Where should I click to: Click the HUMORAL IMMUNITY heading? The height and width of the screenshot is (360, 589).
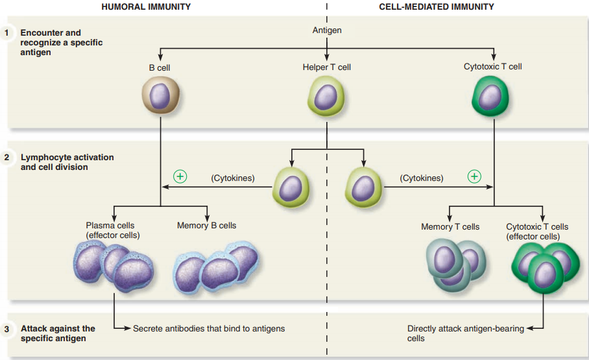click(x=146, y=6)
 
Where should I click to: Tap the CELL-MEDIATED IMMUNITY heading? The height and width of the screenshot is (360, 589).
click(x=437, y=6)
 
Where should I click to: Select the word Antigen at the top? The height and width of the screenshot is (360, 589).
click(x=327, y=30)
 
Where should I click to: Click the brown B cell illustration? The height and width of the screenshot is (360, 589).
click(x=161, y=95)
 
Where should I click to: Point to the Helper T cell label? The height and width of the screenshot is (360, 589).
click(x=327, y=67)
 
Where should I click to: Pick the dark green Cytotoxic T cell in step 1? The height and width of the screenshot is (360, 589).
click(x=490, y=96)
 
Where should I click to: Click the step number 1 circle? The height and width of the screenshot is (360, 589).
click(x=6, y=32)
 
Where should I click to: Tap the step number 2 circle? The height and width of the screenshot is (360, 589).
click(x=6, y=157)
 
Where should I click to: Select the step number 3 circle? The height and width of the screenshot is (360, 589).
click(x=6, y=329)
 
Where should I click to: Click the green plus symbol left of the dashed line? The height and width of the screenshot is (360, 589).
click(x=180, y=176)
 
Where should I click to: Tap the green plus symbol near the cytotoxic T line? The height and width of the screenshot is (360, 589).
click(x=474, y=176)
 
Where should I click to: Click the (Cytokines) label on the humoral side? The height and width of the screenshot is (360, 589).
click(x=233, y=178)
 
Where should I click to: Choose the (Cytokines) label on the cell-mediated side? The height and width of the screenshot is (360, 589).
click(x=422, y=178)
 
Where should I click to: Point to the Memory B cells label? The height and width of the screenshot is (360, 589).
click(x=206, y=226)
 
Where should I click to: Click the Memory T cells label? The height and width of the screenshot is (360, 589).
click(x=450, y=227)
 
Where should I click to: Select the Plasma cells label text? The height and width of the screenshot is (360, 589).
click(x=110, y=226)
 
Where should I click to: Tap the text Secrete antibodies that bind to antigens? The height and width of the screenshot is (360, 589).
click(x=209, y=329)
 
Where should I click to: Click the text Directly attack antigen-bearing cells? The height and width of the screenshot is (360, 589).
click(x=465, y=333)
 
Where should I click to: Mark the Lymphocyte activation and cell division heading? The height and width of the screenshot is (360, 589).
click(x=67, y=162)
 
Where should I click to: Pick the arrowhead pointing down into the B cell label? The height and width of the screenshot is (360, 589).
click(x=160, y=57)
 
